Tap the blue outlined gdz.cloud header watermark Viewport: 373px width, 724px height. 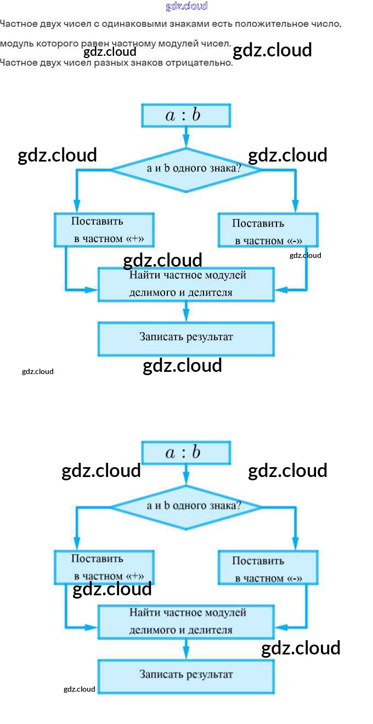pos(187,6)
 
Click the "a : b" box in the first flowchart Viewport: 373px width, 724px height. pos(186,116)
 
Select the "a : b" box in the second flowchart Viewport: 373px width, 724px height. pos(186,453)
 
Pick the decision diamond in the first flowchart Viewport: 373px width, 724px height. pos(186,169)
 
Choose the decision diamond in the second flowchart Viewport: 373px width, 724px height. pos(186,507)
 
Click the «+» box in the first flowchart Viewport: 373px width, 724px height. pos(104,230)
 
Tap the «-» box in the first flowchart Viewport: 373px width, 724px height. pos(268,231)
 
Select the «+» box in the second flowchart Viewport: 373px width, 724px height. pos(104,567)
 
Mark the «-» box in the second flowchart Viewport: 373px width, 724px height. pos(268,568)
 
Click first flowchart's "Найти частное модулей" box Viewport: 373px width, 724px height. pos(186,284)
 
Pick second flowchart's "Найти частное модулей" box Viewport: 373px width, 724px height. pos(186,621)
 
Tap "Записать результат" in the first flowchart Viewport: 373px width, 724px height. pos(186,338)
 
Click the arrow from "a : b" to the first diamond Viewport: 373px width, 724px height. pos(186,137)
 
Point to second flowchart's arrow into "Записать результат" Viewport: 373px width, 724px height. pos(186,649)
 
